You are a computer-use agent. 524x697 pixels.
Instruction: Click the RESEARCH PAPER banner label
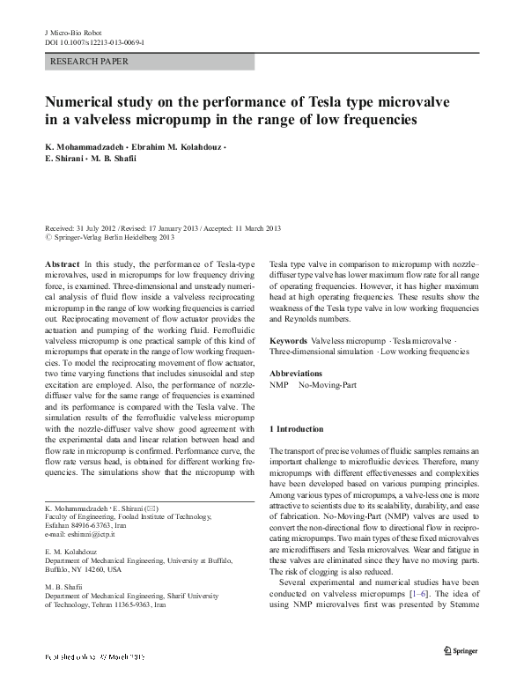[x=91, y=62]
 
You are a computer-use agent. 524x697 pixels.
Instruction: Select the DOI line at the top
[x=94, y=41]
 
